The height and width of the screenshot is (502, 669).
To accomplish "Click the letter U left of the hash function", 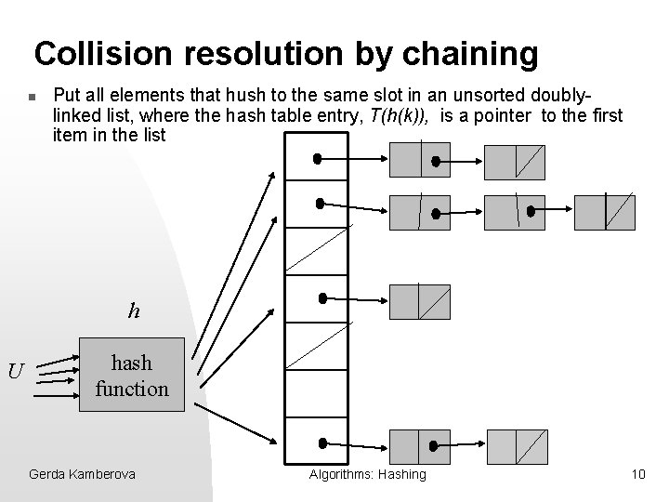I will click(16, 373).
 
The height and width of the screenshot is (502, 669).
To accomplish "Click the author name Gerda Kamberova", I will click(82, 475).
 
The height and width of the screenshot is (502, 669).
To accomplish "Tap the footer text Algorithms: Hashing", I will click(367, 475).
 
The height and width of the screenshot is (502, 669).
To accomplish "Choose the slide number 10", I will click(637, 475).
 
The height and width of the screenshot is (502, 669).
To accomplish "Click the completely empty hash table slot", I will click(316, 396).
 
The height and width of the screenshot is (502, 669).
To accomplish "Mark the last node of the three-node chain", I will click(604, 212).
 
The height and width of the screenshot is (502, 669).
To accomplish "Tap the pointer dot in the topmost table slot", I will click(318, 159).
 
